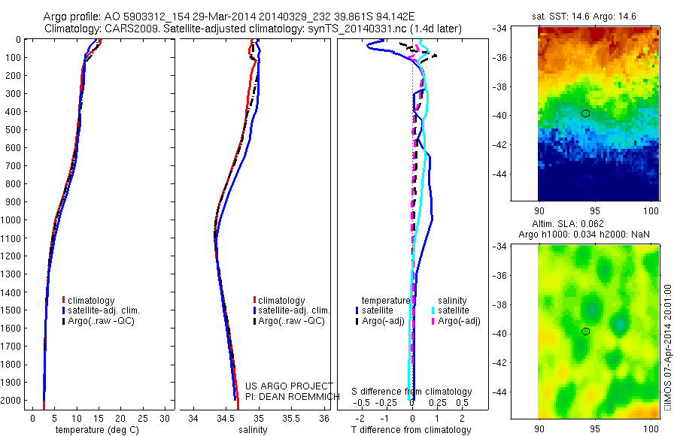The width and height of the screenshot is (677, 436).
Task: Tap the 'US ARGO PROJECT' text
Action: [289, 386]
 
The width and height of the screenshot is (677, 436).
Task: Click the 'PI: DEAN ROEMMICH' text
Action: [289, 396]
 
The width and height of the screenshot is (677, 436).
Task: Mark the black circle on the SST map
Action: [585, 113]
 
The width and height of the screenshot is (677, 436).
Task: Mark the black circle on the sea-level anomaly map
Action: [585, 331]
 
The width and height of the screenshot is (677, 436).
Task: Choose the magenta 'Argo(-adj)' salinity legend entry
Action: [458, 321]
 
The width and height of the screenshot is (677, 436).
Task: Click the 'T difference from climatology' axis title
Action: [411, 430]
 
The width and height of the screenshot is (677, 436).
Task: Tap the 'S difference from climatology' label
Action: [411, 392]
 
